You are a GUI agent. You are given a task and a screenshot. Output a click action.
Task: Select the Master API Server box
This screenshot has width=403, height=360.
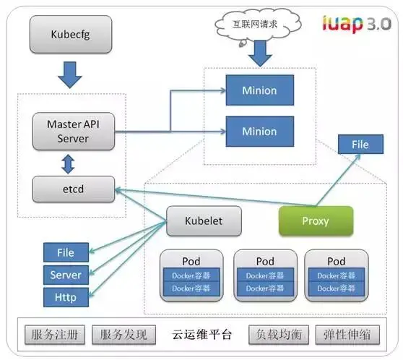point(73,131)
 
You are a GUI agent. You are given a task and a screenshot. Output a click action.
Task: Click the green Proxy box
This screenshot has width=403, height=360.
point(316,220)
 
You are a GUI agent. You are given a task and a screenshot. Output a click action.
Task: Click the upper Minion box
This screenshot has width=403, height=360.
point(259,93)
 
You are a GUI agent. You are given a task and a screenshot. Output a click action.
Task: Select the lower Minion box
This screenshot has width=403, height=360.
point(259,131)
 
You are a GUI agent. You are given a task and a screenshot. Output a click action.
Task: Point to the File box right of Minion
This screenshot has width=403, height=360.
point(359,145)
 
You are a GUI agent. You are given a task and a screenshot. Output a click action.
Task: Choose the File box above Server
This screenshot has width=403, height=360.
point(65,253)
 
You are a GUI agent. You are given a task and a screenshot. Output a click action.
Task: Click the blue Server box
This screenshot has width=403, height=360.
point(65,275)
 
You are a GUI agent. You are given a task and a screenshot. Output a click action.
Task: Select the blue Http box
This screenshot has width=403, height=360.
point(65,296)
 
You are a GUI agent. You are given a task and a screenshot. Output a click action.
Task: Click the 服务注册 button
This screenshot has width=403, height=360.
point(55,335)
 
